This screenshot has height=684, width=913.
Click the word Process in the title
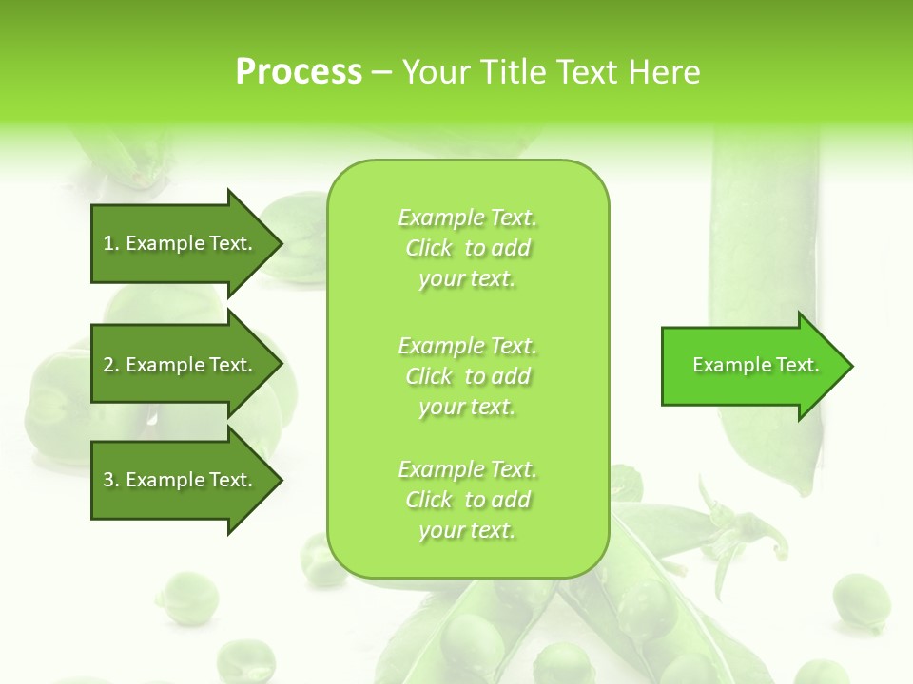tap(299, 72)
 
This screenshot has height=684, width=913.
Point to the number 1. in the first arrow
tap(111, 243)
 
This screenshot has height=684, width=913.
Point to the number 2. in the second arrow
tap(111, 365)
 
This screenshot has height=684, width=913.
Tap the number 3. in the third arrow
tap(111, 480)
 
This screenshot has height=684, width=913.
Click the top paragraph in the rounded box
tap(467, 248)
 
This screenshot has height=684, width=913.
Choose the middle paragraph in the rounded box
tap(467, 376)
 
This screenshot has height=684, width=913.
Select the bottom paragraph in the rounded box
tap(467, 500)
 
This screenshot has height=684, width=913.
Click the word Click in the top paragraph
tap(429, 248)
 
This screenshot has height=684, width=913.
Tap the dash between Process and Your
tap(381, 72)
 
